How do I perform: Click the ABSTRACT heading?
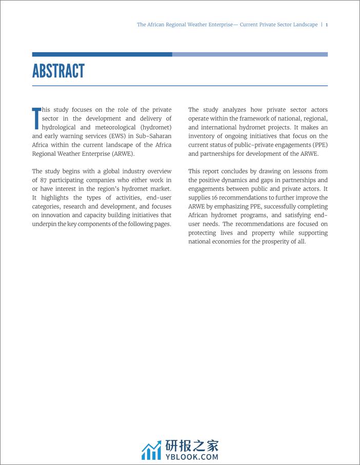58,71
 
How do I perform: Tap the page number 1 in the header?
327,25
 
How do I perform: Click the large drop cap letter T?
36,118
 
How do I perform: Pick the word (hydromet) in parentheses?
156,127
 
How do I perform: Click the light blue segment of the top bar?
250,54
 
